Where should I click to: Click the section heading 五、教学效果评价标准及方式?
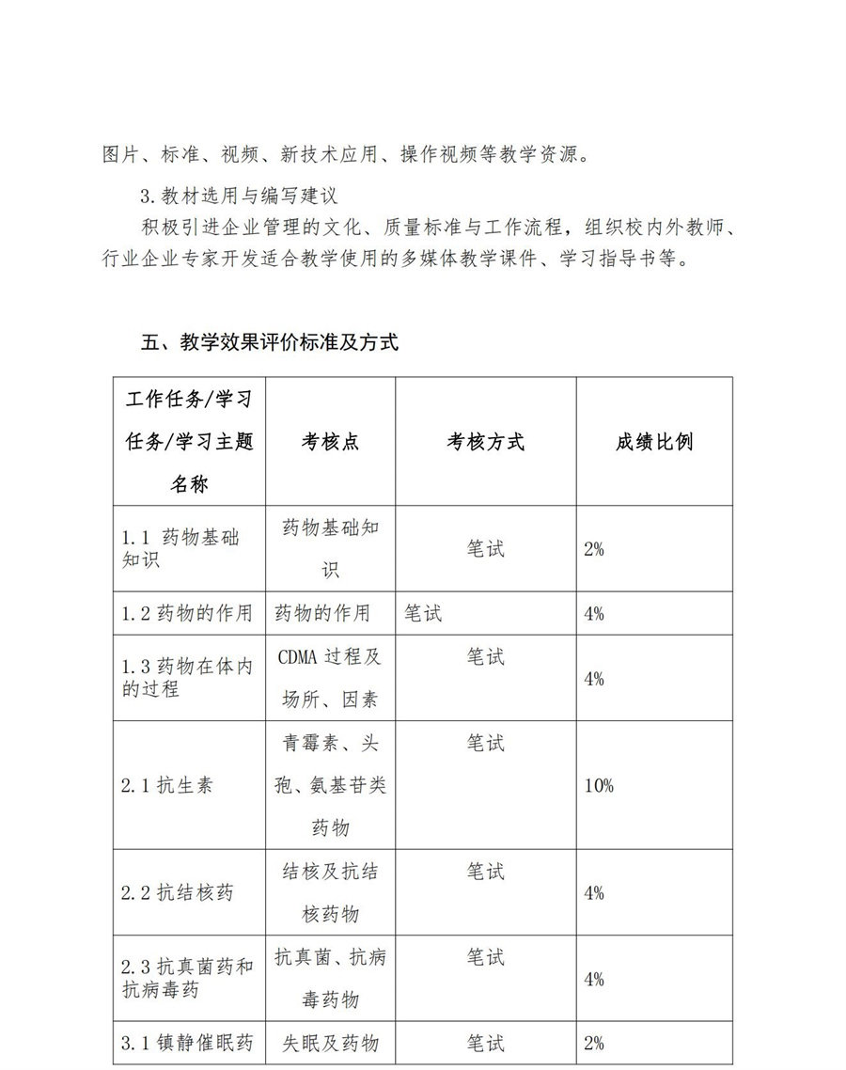coord(270,343)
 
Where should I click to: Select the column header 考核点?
coord(330,442)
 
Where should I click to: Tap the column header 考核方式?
coord(485,442)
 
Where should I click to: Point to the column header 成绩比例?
coord(654,442)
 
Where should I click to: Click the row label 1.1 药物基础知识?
coord(180,549)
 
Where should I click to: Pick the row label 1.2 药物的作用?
coord(187,614)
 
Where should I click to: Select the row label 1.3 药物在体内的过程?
coord(187,678)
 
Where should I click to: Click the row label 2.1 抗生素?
coord(166,785)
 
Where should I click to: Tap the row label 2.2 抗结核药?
coord(177,892)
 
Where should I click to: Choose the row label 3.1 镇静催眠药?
coord(187,1043)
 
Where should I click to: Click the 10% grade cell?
coord(598,785)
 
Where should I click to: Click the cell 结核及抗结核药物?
coord(330,892)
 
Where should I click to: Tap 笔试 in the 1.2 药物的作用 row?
coord(423,614)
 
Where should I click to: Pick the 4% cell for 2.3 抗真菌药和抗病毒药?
coord(593,979)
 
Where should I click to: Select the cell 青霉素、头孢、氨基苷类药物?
coord(330,785)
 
